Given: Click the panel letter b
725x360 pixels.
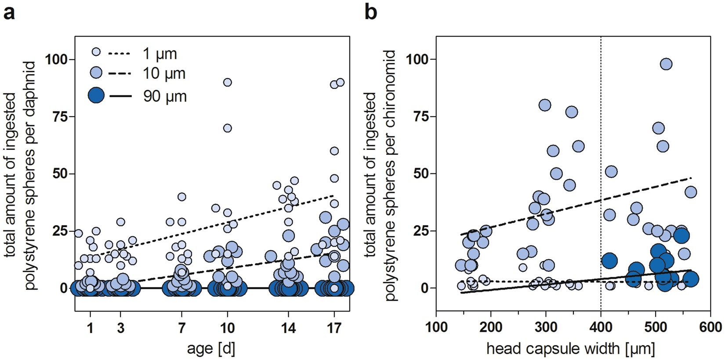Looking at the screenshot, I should (371, 13).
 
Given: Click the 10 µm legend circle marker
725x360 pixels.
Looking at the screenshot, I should (96, 73).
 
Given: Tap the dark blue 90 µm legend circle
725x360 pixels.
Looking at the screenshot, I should (96, 95).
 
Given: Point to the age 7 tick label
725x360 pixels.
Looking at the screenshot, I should (181, 328).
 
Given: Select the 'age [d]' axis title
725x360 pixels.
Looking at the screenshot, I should (211, 349).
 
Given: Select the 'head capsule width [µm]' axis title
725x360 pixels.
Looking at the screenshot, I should (571, 349).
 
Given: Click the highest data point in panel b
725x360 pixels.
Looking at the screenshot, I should (666, 64).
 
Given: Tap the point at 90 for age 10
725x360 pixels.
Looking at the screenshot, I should (227, 82).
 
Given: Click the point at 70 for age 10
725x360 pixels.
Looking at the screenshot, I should (227, 128).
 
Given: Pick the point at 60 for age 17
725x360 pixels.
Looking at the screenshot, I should (334, 151).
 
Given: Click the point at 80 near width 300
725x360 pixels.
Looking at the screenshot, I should (545, 105).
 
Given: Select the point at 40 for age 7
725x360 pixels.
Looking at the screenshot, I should (181, 196).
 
